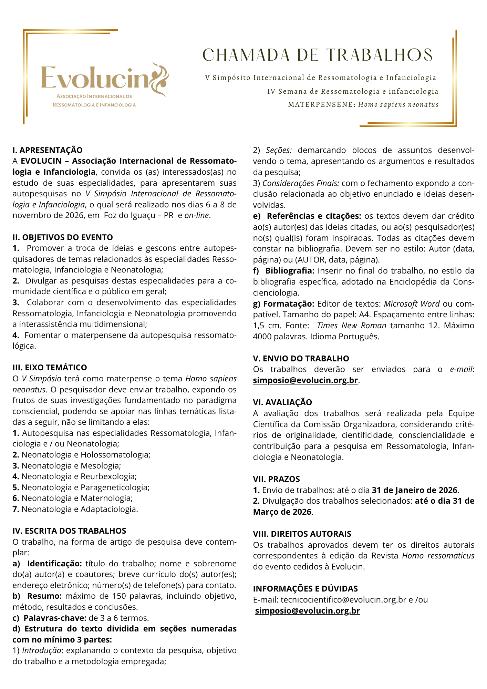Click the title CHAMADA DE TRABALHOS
pyautogui.click(x=317, y=55)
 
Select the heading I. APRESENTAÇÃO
pyautogui.click(x=48, y=150)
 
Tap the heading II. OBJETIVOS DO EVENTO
pyautogui.click(x=63, y=237)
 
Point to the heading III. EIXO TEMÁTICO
pyautogui.click(x=50, y=368)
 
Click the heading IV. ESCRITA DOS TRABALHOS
pyautogui.click(x=69, y=531)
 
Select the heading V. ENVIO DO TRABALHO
pyautogui.click(x=301, y=358)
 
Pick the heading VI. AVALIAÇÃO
pyautogui.click(x=282, y=402)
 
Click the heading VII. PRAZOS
pyautogui.click(x=277, y=479)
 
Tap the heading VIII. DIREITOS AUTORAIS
pyautogui.click(x=302, y=534)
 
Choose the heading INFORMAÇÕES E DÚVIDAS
pyautogui.click(x=305, y=588)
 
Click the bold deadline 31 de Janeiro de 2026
pyautogui.click(x=415, y=490)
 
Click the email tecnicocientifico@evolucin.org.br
pyautogui.click(x=343, y=599)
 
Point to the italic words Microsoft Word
pyautogui.click(x=412, y=304)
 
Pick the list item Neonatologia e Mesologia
pyautogui.click(x=71, y=466)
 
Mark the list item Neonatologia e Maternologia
pyautogui.click(x=77, y=498)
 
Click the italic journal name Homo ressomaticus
pyautogui.click(x=438, y=556)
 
